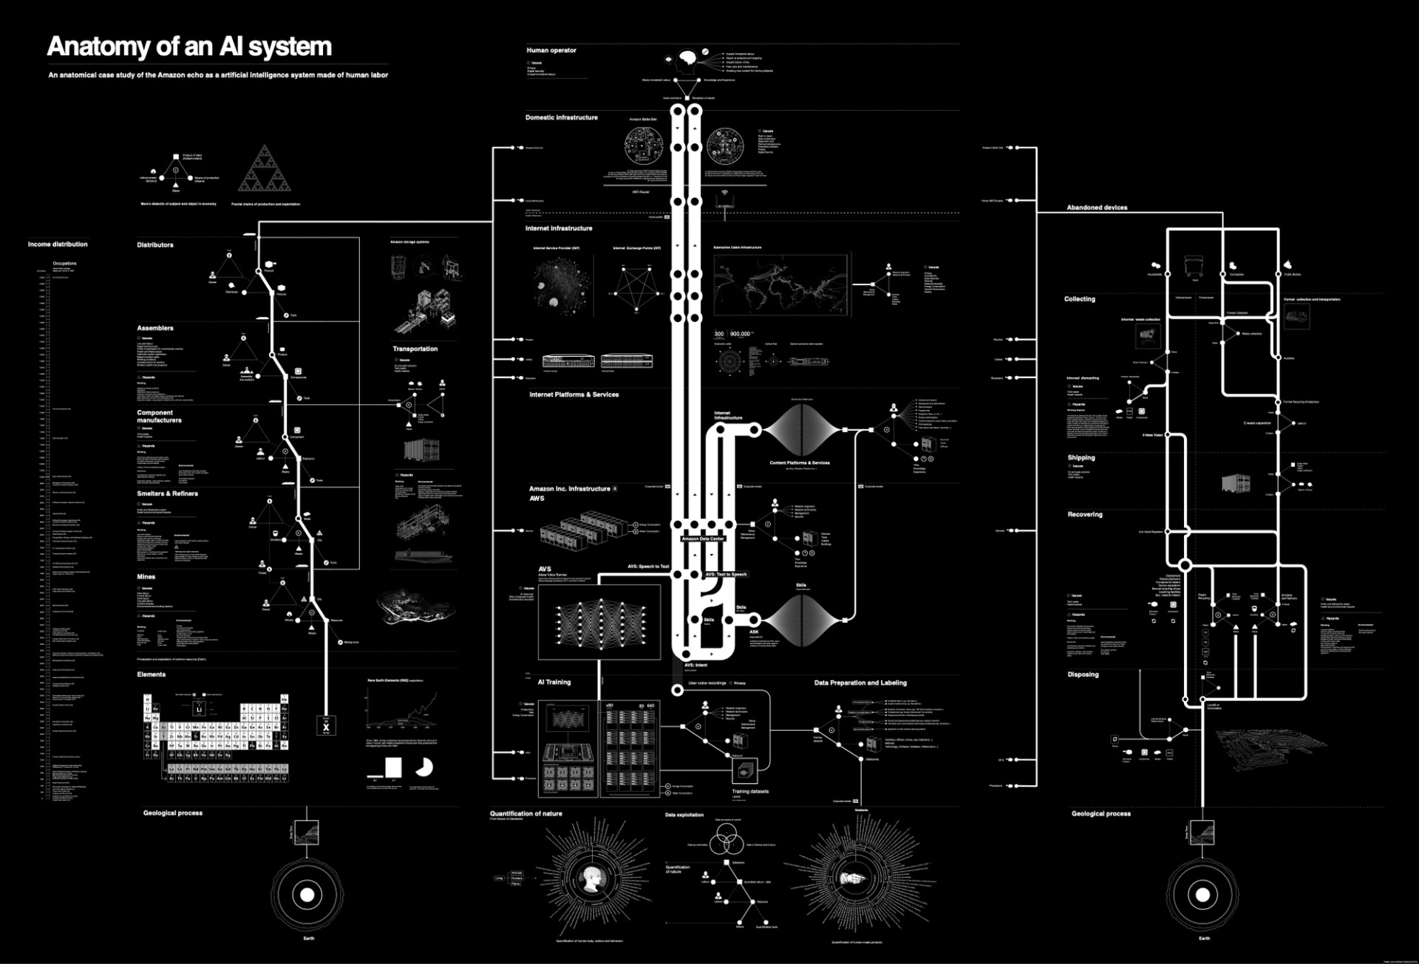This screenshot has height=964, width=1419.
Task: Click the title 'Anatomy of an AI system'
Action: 189,47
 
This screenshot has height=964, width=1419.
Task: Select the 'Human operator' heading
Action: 551,50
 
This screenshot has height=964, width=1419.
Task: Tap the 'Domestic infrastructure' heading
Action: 561,117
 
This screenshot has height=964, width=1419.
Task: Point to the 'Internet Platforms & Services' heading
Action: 574,394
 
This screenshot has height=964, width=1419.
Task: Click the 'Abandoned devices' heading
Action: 1097,208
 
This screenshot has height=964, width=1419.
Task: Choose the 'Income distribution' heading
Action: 58,244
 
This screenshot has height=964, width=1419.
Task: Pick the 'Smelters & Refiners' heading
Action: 167,493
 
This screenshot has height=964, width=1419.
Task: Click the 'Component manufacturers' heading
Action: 158,417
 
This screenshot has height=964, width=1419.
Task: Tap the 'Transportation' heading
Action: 415,349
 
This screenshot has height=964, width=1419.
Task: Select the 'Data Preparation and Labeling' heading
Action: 860,683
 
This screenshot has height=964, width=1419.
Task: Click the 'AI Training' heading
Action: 554,682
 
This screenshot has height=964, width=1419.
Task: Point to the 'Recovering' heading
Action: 1084,514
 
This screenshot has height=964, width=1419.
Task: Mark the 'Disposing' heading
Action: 1083,674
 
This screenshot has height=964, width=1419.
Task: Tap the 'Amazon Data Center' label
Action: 703,539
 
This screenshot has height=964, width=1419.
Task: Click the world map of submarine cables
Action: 782,284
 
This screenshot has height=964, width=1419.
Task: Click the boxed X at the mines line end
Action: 326,726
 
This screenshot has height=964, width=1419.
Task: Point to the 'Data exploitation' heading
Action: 684,815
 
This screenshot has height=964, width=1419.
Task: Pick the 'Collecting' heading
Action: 1079,299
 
